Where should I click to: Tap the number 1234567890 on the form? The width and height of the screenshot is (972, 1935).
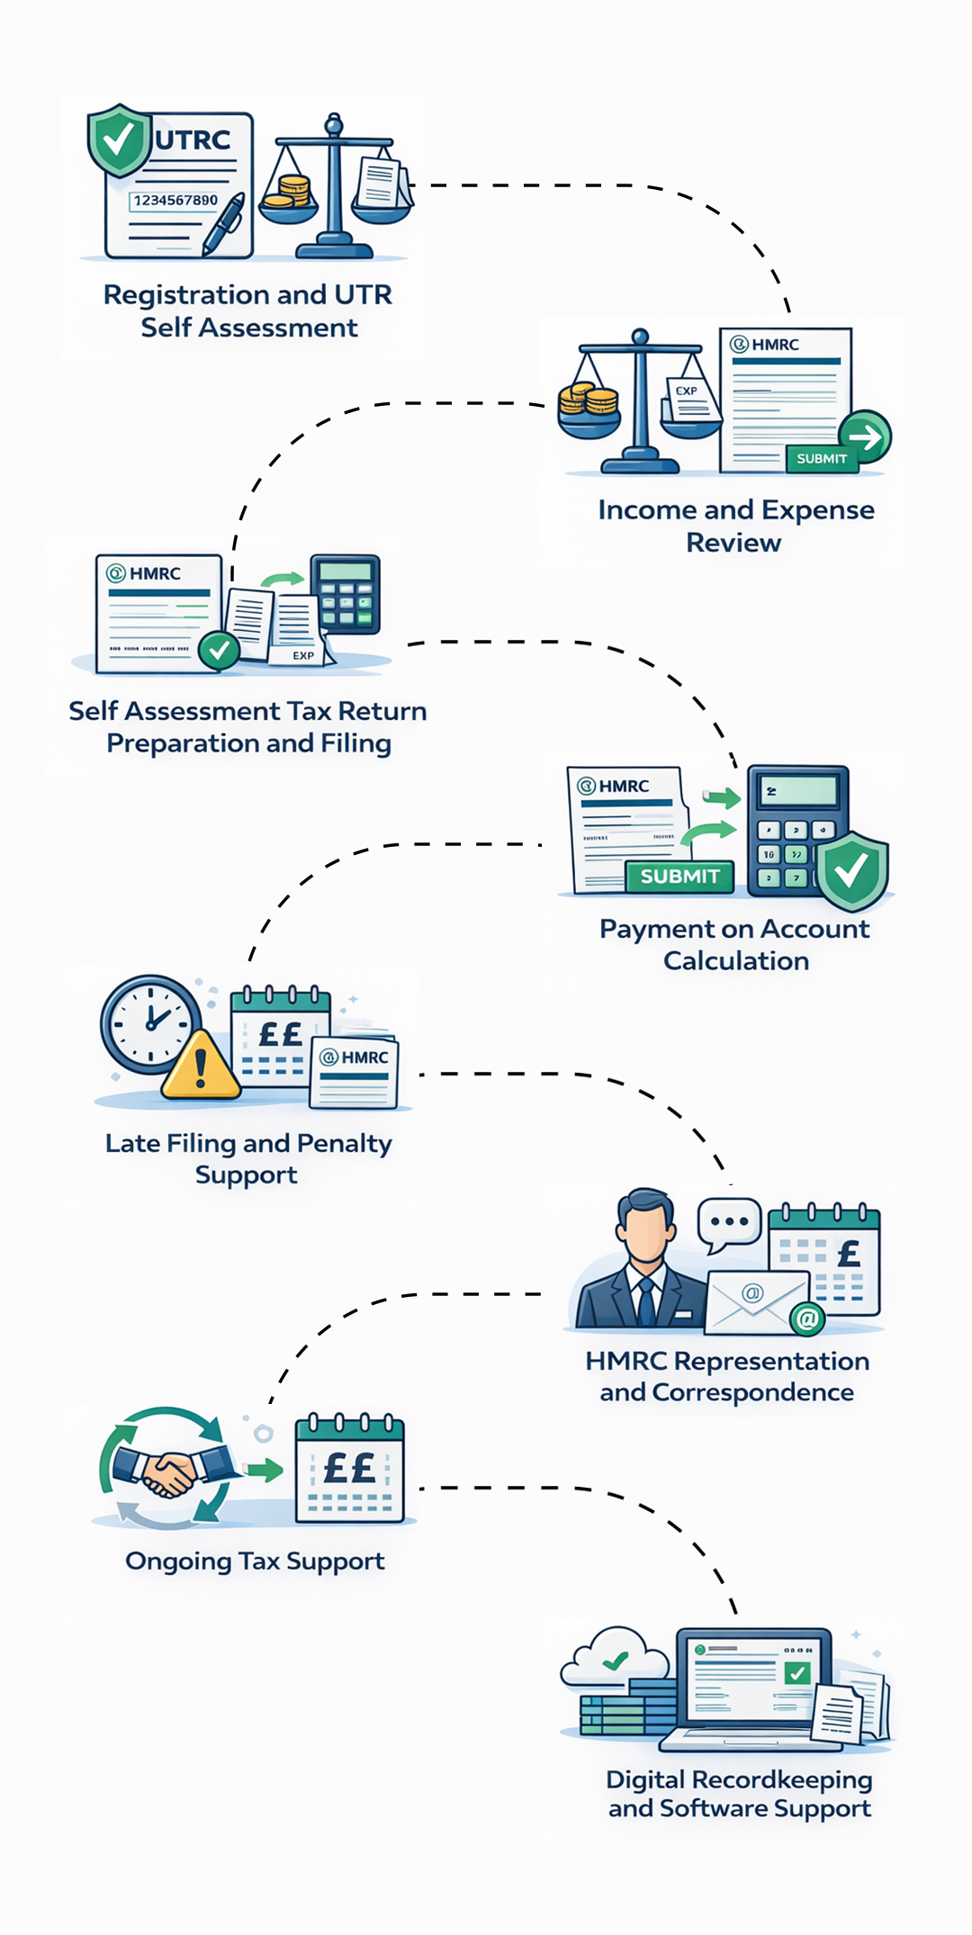coord(175,200)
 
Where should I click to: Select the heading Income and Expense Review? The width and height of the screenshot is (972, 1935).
coord(735,526)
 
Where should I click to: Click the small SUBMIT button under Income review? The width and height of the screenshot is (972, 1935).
coord(822,458)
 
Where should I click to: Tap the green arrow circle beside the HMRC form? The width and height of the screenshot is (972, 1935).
coord(866,437)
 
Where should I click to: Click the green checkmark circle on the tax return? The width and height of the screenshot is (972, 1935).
coord(219,649)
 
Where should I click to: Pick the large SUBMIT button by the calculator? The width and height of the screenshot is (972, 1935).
coord(679,876)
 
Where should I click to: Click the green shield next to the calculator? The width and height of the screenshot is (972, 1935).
coord(851,870)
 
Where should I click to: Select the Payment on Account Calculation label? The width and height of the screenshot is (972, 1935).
coord(735,944)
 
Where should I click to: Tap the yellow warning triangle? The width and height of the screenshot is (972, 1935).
coord(201,1066)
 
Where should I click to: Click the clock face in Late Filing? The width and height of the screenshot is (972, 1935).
coord(150,1023)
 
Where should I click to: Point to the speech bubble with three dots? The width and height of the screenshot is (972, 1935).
coord(729,1223)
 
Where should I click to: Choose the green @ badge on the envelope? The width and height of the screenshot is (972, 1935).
coord(807,1319)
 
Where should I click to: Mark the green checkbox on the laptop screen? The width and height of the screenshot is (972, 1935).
coord(796,1674)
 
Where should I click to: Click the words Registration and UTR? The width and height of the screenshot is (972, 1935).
coord(247,294)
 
